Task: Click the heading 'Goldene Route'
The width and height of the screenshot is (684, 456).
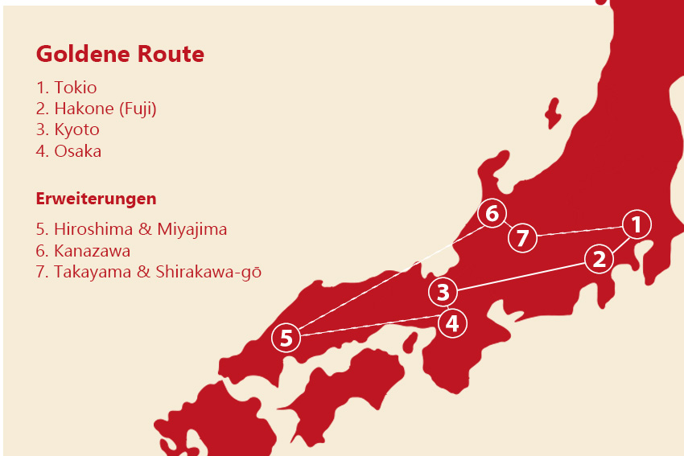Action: [x=120, y=55]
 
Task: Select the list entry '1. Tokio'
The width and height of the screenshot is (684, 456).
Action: [x=67, y=88]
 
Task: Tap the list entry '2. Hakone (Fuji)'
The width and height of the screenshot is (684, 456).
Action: [x=97, y=109]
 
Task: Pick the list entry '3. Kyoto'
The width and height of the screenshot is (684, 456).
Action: [x=68, y=129]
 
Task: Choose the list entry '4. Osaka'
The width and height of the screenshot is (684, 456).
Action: [x=69, y=150]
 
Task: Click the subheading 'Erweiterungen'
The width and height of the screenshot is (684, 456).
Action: [x=96, y=198]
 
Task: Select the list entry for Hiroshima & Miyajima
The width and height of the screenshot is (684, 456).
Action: [x=131, y=229]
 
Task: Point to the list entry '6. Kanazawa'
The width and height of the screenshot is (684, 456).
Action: [x=83, y=250]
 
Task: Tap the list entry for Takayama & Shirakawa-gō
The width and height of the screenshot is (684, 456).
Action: [x=149, y=272]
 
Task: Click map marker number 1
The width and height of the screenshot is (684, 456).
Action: [x=636, y=224]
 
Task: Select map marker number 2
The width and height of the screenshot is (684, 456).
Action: [x=599, y=259]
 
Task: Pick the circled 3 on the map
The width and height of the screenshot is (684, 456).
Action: [x=443, y=292]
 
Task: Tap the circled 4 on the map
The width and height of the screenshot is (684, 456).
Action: [x=452, y=323]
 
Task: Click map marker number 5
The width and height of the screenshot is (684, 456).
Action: [x=286, y=338]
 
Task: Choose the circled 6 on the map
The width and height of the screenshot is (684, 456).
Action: [x=492, y=214]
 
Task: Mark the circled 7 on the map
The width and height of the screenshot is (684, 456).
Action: [x=522, y=238]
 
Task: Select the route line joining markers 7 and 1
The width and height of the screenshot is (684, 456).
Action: [x=579, y=231]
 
